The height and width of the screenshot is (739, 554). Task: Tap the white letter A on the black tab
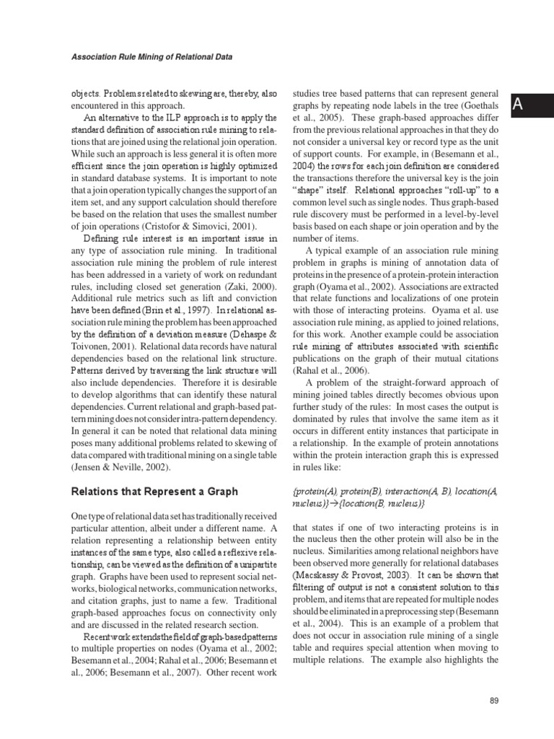(516, 108)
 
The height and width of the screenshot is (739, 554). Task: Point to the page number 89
(493, 701)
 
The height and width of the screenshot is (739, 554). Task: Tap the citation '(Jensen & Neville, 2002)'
(123, 467)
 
